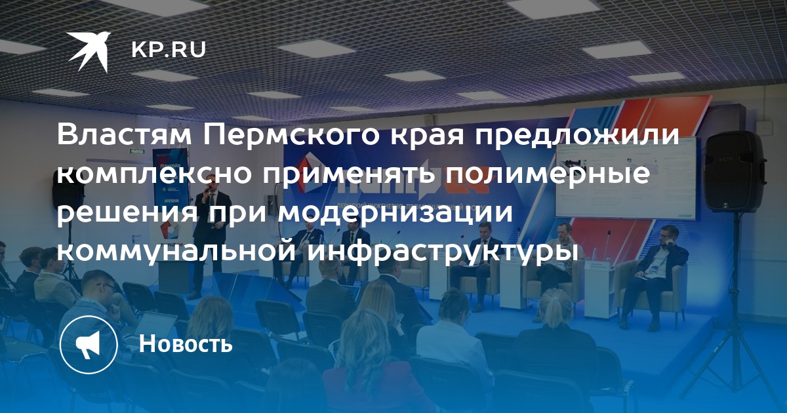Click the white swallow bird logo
point(89,51)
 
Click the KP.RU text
point(169,50)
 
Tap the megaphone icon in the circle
point(89,345)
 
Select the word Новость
point(186,343)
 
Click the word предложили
point(543,136)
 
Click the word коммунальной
point(176,252)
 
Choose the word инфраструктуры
point(443,252)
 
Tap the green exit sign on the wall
point(137,152)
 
